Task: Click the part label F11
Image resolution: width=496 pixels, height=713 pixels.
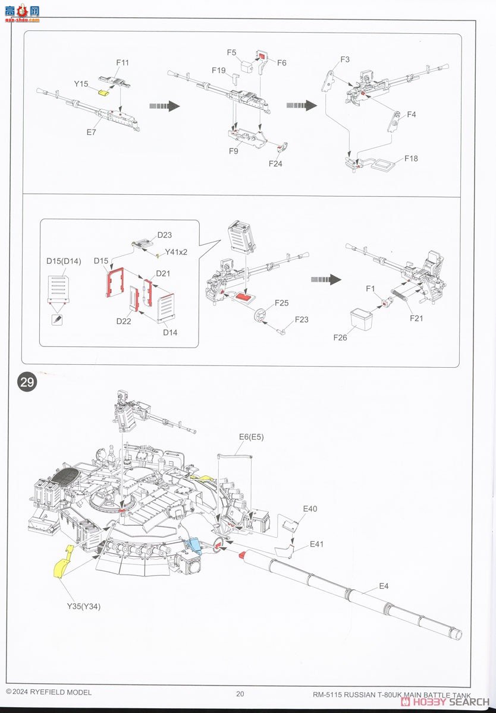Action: pyautogui.click(x=123, y=62)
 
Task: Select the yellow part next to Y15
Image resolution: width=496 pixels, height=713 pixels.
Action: pyautogui.click(x=105, y=92)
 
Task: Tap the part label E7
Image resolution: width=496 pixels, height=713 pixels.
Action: pyautogui.click(x=91, y=132)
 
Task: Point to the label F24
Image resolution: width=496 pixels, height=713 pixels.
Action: pyautogui.click(x=275, y=163)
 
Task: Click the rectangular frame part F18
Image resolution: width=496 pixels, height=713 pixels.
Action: pyautogui.click(x=382, y=163)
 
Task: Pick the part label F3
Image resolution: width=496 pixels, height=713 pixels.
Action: pyautogui.click(x=345, y=59)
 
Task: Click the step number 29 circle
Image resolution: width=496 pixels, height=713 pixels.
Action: pyautogui.click(x=27, y=382)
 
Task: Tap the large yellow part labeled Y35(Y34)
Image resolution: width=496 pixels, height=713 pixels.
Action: pyautogui.click(x=62, y=562)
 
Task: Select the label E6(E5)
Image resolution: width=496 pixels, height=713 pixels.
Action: pyautogui.click(x=251, y=437)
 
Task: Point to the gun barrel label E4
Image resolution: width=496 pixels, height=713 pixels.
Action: pyautogui.click(x=384, y=586)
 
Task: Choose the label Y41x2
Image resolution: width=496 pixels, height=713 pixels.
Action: pyautogui.click(x=176, y=252)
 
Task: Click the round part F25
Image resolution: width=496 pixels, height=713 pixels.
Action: pyautogui.click(x=259, y=316)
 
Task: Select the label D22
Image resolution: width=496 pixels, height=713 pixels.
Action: pyautogui.click(x=124, y=321)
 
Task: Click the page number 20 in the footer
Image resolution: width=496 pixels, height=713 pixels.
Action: pyautogui.click(x=240, y=693)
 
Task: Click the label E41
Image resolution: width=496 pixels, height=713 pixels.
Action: pyautogui.click(x=316, y=544)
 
